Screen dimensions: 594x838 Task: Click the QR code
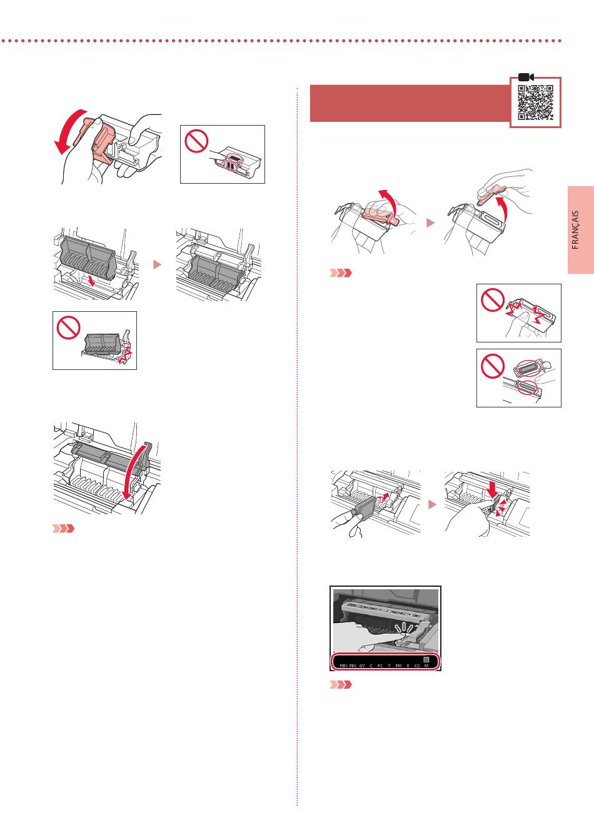[x=536, y=102]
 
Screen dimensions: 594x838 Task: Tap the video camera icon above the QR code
[x=525, y=77]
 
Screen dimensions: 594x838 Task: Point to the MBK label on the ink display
[x=343, y=666]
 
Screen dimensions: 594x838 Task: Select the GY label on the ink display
[x=362, y=666]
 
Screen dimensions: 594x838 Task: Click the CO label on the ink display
[x=417, y=666]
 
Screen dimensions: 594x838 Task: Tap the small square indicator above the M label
[x=426, y=659]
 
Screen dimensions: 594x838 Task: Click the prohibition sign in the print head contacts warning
[x=196, y=142]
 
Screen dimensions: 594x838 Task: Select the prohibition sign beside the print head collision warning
[x=68, y=326]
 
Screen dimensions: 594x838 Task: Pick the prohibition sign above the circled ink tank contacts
[x=493, y=366]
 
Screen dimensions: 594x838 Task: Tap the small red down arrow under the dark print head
[x=93, y=282]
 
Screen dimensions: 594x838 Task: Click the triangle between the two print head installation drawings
[x=158, y=264]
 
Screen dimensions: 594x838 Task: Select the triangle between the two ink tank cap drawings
[x=430, y=222]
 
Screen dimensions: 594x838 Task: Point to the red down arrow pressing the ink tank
[x=493, y=485]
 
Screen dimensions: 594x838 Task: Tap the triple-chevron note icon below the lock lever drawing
[x=63, y=529]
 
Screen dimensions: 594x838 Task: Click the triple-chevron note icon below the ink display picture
[x=341, y=685]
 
